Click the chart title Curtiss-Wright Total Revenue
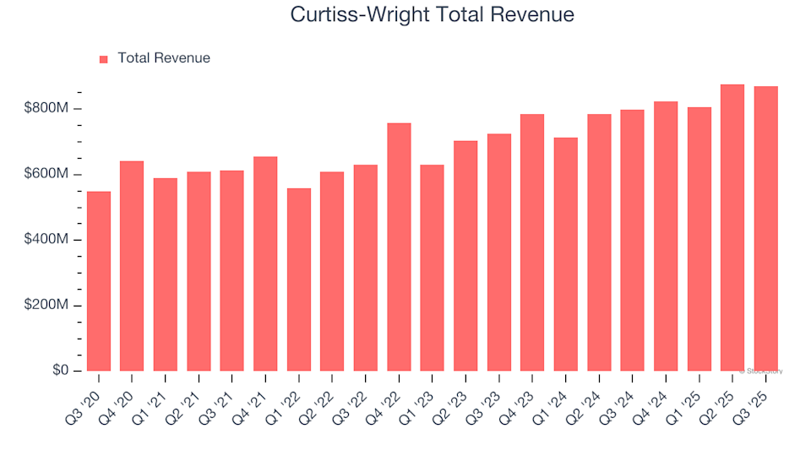click(x=432, y=14)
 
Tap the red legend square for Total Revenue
click(x=104, y=59)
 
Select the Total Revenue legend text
click(x=164, y=58)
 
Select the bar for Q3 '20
click(x=99, y=281)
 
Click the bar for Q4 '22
click(x=399, y=247)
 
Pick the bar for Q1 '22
click(x=299, y=280)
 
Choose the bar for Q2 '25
click(x=732, y=228)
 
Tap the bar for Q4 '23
click(x=532, y=242)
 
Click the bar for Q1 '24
click(x=566, y=254)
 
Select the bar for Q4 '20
click(x=132, y=266)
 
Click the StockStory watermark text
click(x=761, y=371)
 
